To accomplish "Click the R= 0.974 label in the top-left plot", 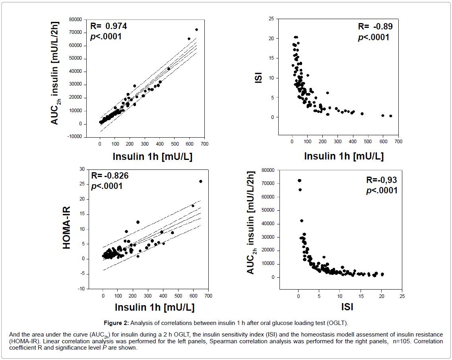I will point(109,27).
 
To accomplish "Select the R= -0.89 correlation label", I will point(375,27).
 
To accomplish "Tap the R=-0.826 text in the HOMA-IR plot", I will point(110,176).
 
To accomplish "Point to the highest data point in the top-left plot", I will point(196,29).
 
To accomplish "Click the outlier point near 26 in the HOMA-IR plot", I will point(201,181).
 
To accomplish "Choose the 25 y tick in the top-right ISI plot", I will point(271,19).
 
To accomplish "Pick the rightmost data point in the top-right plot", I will point(391,116).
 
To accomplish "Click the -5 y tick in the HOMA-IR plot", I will point(81,274).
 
